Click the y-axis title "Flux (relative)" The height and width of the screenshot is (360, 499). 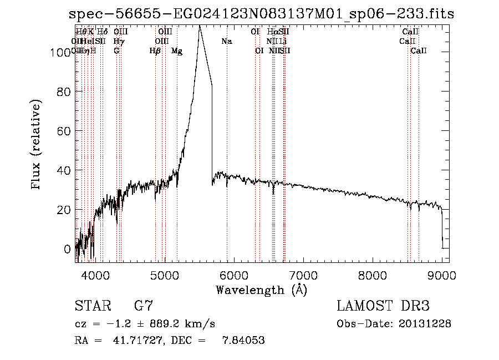click(37, 145)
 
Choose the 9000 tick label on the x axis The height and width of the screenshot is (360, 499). click(442, 275)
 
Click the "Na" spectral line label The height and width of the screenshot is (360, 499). click(226, 41)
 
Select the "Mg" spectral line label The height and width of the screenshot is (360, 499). click(177, 51)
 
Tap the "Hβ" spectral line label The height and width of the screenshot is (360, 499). click(155, 51)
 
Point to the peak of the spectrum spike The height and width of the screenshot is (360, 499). click(199, 27)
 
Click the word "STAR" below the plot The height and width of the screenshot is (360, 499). click(91, 306)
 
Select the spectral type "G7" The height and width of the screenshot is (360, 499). click(144, 306)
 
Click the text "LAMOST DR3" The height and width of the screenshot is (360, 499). click(383, 306)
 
